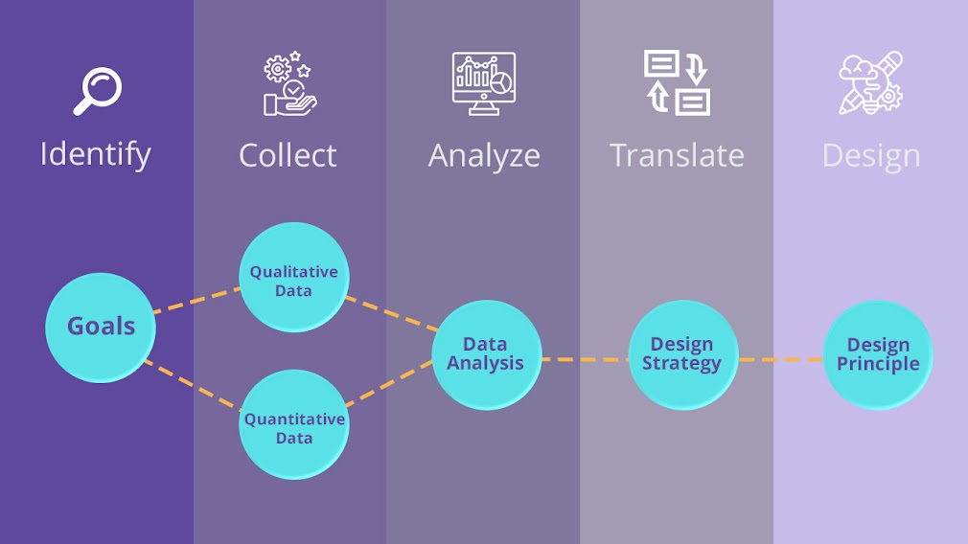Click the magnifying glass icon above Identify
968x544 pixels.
pyautogui.click(x=98, y=91)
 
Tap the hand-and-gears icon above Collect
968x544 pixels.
pyautogui.click(x=289, y=84)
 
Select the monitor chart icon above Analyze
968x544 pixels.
pyautogui.click(x=484, y=83)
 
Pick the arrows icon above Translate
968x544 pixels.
pyautogui.click(x=677, y=83)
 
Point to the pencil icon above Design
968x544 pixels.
pyautogui.click(x=870, y=83)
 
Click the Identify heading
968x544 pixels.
pyautogui.click(x=96, y=154)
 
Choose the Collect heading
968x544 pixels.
pyautogui.click(x=288, y=155)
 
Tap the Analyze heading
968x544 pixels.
pyautogui.click(x=484, y=156)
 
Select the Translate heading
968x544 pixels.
pyautogui.click(x=677, y=155)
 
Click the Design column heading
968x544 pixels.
pyautogui.click(x=870, y=155)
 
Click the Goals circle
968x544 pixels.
pyautogui.click(x=101, y=327)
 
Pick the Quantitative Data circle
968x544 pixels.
pyautogui.click(x=293, y=427)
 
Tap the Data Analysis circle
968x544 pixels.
pyautogui.click(x=486, y=354)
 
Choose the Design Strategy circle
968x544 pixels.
pyautogui.click(x=682, y=354)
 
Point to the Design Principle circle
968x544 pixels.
pyautogui.click(x=878, y=354)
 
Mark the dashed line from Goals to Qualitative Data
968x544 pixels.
pyautogui.click(x=196, y=299)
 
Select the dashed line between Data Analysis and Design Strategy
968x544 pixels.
pyautogui.click(x=585, y=360)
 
